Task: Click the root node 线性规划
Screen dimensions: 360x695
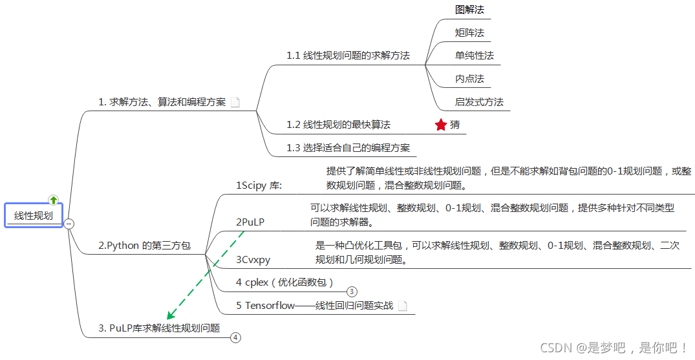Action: click(x=34, y=216)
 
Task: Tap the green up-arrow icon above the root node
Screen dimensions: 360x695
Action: click(x=54, y=200)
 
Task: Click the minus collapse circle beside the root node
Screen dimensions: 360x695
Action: click(x=69, y=224)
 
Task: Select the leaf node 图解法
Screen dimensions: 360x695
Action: click(x=469, y=10)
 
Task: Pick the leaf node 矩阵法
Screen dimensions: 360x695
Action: click(x=469, y=32)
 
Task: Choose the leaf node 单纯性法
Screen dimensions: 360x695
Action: click(x=474, y=56)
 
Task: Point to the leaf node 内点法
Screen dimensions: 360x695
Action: click(x=469, y=79)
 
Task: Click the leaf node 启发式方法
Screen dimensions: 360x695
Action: click(x=479, y=102)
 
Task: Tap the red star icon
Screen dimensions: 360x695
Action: click(x=441, y=125)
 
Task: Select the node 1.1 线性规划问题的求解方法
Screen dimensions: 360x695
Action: click(x=348, y=56)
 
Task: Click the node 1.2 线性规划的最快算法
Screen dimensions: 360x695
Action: click(x=338, y=125)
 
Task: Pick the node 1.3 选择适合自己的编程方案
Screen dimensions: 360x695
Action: click(x=348, y=148)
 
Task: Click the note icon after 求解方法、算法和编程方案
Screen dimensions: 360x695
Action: click(x=235, y=102)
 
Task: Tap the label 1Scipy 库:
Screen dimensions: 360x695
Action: click(x=259, y=185)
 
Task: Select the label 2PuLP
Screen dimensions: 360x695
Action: click(x=250, y=222)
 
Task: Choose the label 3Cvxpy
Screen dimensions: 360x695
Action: click(x=253, y=260)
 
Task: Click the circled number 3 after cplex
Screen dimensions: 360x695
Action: click(x=352, y=291)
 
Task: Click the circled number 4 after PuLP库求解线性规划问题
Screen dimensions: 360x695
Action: click(x=235, y=337)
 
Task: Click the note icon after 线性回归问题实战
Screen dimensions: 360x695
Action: click(x=402, y=306)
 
